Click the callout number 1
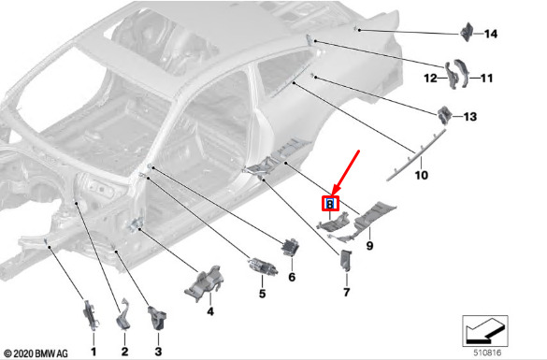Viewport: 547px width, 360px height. click(94, 352)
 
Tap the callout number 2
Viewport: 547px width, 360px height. click(125, 352)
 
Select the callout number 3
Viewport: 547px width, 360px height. click(158, 352)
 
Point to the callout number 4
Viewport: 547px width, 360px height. click(210, 311)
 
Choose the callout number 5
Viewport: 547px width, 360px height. click(263, 294)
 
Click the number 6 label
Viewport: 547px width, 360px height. click(292, 278)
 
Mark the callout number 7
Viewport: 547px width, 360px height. click(346, 293)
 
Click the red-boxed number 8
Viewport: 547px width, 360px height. click(330, 204)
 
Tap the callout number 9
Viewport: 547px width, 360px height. click(369, 246)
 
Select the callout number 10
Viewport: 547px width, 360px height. click(421, 175)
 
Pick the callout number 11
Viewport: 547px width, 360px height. click(486, 79)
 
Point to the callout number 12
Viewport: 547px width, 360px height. click(430, 79)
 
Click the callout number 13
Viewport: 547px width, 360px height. click(470, 117)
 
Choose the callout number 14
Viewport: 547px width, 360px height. click(491, 34)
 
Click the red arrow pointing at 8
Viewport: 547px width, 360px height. click(345, 173)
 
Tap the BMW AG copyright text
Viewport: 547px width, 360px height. click(36, 353)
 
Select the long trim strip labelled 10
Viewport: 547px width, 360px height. click(416, 155)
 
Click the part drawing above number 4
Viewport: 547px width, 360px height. click(204, 283)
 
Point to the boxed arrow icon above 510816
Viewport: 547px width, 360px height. click(485, 331)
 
